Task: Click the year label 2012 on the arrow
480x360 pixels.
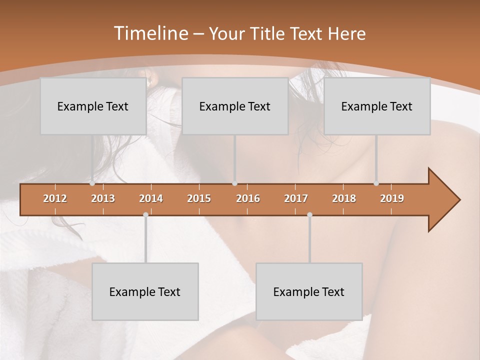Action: pyautogui.click(x=55, y=198)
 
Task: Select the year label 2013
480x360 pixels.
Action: pyautogui.click(x=103, y=198)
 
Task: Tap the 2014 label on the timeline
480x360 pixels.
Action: pyautogui.click(x=151, y=198)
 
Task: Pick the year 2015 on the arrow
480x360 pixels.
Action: pyautogui.click(x=199, y=198)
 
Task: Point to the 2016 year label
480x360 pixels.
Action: pyautogui.click(x=248, y=198)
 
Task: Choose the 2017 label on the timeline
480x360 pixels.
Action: pyautogui.click(x=296, y=198)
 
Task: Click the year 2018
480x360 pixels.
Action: pyautogui.click(x=344, y=198)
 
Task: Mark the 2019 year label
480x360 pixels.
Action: pyautogui.click(x=392, y=198)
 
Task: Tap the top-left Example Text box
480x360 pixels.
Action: pyautogui.click(x=93, y=106)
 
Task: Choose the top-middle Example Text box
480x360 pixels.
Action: pyautogui.click(x=235, y=106)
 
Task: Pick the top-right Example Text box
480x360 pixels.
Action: pyautogui.click(x=377, y=106)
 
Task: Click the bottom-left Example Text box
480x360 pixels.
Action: pyautogui.click(x=145, y=291)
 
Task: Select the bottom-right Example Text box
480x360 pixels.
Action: pyautogui.click(x=309, y=291)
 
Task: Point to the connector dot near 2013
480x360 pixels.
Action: pyautogui.click(x=92, y=183)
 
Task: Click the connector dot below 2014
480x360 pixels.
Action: pyautogui.click(x=145, y=214)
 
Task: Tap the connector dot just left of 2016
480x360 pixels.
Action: pyautogui.click(x=235, y=183)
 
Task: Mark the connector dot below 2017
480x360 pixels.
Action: pyautogui.click(x=309, y=214)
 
